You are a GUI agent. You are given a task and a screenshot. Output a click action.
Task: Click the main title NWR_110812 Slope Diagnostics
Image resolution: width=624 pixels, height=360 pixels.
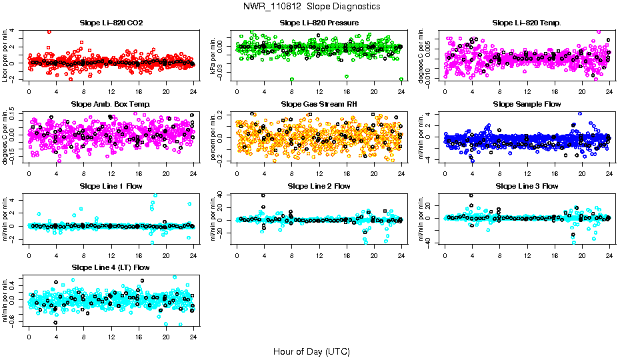[312, 6]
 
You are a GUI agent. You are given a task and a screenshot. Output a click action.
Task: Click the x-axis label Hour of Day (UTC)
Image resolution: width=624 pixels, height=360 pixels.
[311, 351]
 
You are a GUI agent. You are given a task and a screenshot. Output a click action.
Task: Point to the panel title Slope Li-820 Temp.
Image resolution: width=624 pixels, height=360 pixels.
[527, 23]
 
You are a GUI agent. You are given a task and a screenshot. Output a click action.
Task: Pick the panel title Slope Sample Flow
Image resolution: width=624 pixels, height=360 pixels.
[527, 105]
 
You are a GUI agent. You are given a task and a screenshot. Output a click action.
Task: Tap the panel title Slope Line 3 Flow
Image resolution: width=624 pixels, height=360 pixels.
[527, 186]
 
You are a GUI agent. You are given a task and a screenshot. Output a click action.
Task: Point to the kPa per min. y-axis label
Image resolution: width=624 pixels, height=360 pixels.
[214, 55]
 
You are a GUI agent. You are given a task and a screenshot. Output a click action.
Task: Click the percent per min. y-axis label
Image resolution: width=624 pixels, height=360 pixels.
[214, 137]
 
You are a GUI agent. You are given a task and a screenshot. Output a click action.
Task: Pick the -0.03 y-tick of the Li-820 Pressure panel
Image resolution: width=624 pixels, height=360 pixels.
[227, 79]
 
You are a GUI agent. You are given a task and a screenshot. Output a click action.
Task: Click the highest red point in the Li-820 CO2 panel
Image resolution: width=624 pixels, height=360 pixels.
[49, 31]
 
